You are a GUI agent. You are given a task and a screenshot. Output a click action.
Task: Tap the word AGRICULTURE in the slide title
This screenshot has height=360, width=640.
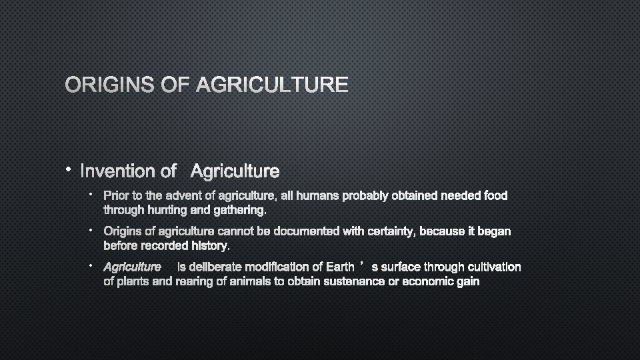click(273, 85)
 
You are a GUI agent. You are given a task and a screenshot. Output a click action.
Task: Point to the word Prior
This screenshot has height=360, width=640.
click(117, 196)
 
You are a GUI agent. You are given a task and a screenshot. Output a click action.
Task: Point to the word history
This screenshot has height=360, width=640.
click(210, 246)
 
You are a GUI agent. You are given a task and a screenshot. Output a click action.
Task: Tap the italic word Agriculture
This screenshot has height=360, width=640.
click(132, 267)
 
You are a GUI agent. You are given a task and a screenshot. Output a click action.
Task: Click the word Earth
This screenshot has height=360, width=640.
click(339, 267)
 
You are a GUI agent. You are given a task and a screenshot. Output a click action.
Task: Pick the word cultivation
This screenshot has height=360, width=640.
click(489, 267)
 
